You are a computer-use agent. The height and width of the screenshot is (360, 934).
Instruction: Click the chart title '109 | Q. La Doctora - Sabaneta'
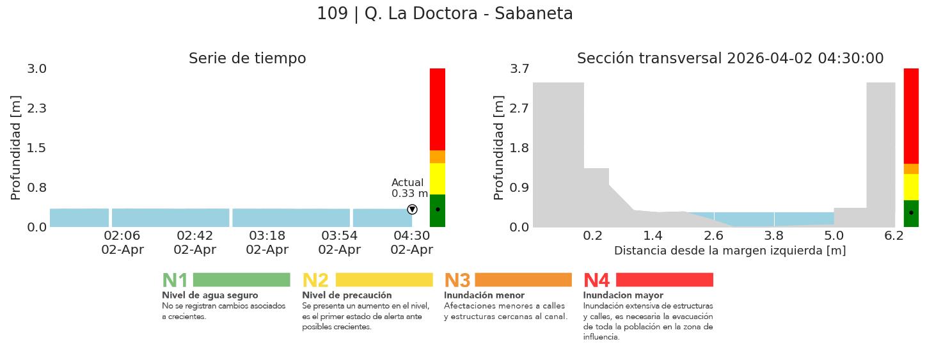445,13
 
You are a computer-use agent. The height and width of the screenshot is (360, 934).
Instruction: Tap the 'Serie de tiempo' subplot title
247,59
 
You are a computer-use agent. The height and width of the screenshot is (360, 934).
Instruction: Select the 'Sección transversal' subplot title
730,59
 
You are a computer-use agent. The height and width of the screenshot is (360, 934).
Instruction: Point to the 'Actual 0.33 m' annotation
409,188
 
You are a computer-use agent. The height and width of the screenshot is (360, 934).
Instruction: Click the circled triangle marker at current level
412,210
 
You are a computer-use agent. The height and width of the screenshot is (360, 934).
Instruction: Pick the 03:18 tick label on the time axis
267,236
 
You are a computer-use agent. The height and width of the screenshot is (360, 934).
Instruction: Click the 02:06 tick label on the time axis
122,236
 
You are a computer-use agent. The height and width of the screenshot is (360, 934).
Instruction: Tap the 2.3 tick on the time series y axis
37,108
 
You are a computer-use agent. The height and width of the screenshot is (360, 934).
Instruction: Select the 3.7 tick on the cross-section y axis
519,68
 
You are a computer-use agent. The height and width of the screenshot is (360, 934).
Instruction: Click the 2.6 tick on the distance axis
713,236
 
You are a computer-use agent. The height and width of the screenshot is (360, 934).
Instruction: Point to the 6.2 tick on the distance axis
894,236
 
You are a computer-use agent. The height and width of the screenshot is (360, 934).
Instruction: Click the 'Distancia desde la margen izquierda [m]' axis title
730,251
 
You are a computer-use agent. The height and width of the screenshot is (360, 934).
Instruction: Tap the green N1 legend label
175,281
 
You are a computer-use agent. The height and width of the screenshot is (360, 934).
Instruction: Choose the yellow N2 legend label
315,281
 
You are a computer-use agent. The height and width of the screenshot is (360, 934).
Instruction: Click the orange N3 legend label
457,281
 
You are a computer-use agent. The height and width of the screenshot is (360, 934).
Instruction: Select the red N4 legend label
596,281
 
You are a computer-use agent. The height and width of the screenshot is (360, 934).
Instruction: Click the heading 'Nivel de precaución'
347,295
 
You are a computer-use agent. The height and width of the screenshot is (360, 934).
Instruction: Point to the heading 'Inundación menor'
484,295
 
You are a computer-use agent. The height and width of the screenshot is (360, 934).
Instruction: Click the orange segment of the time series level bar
438,157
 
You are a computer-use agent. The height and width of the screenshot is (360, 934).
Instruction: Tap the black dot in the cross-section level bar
911,212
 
